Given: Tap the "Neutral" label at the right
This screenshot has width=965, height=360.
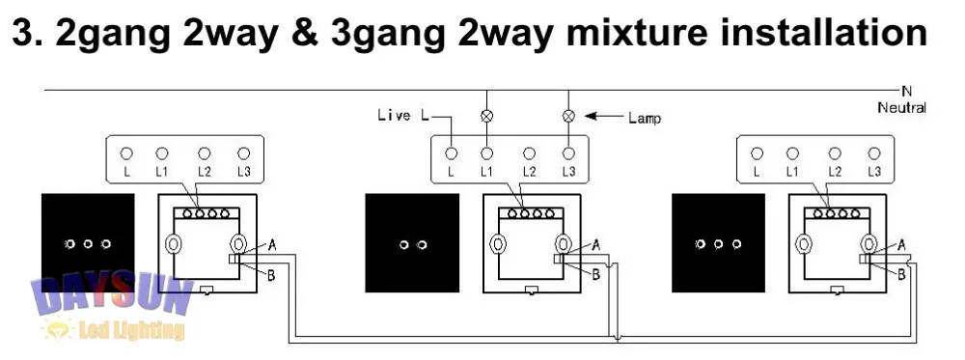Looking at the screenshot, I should (x=901, y=107).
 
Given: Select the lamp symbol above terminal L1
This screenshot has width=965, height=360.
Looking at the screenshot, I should (x=487, y=116).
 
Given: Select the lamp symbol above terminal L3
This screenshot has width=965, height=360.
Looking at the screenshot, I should (x=569, y=116).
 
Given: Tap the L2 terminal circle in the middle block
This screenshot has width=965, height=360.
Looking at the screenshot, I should (x=529, y=152).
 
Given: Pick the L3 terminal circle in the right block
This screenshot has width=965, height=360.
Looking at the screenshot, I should (x=873, y=152).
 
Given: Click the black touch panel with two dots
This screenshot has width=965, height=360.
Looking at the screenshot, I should (x=411, y=242).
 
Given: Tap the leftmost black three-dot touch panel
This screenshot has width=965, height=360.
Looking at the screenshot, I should (x=87, y=242).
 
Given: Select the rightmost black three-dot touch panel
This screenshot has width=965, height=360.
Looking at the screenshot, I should (x=718, y=242).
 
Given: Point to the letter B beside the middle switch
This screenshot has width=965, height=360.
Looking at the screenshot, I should (x=596, y=275).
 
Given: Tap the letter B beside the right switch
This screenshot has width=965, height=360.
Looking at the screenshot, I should (x=901, y=274).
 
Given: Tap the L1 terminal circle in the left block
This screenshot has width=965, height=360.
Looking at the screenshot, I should (x=161, y=152).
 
